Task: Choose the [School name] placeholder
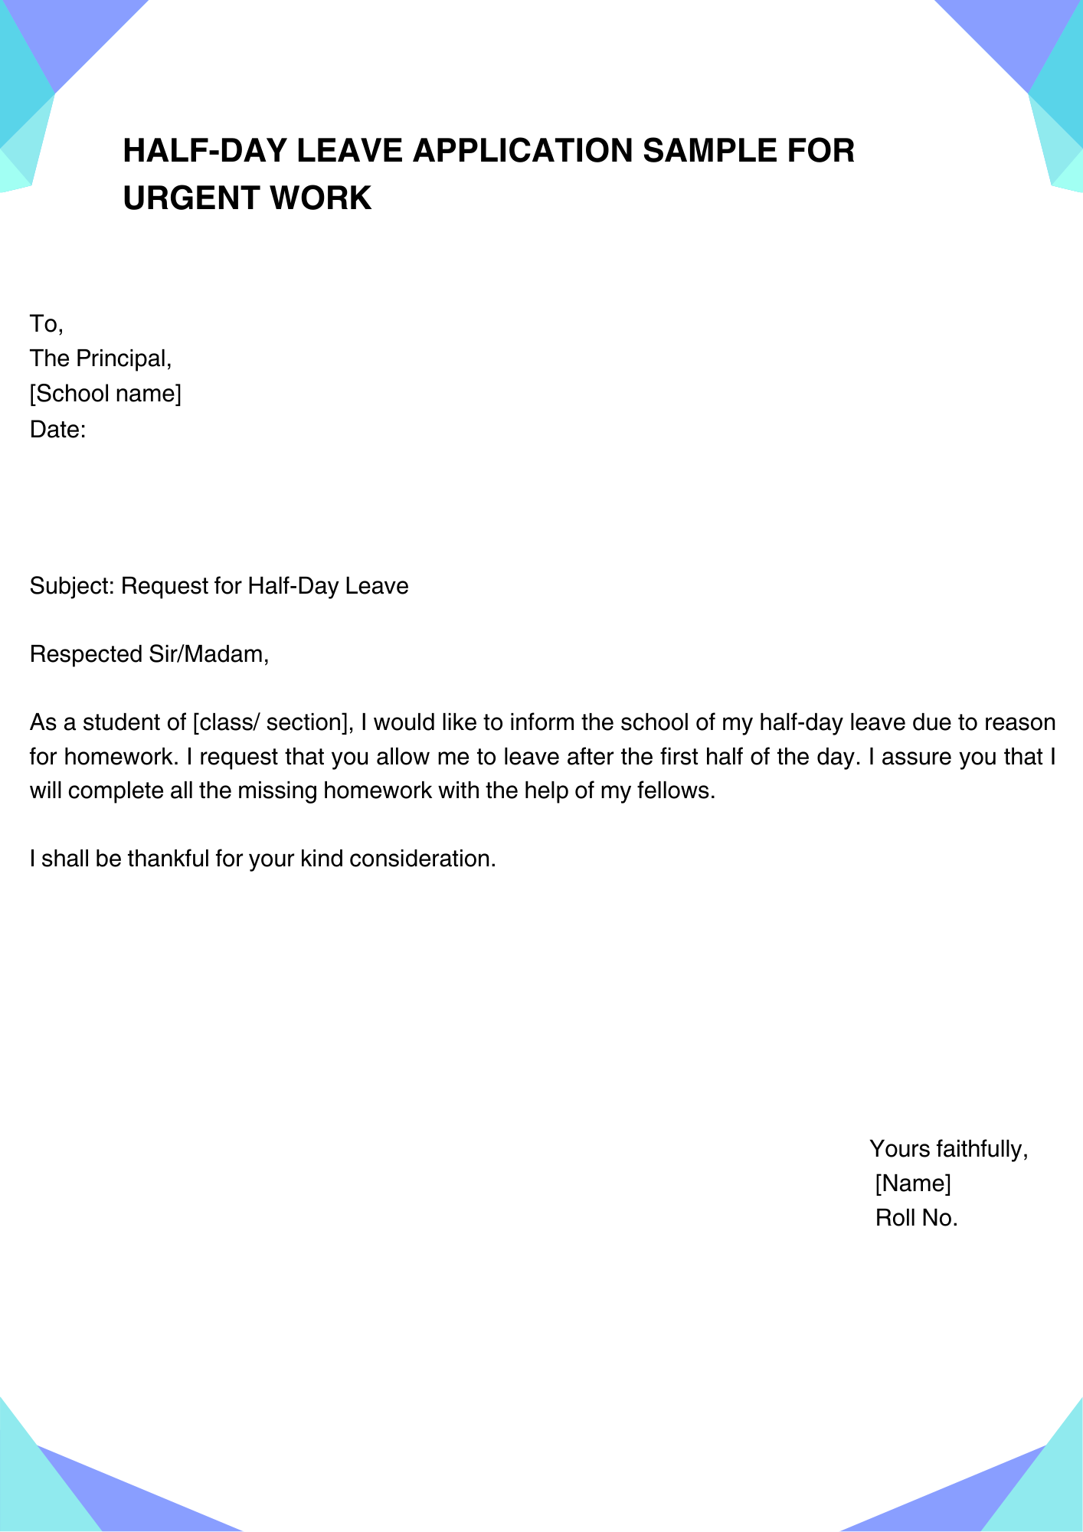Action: click(x=106, y=394)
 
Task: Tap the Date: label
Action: click(x=57, y=430)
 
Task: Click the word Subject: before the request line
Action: click(x=72, y=586)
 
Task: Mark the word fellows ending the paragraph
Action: click(x=676, y=791)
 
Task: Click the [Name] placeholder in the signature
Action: click(x=913, y=1183)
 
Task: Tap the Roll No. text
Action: click(x=917, y=1218)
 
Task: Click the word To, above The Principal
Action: click(x=46, y=324)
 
